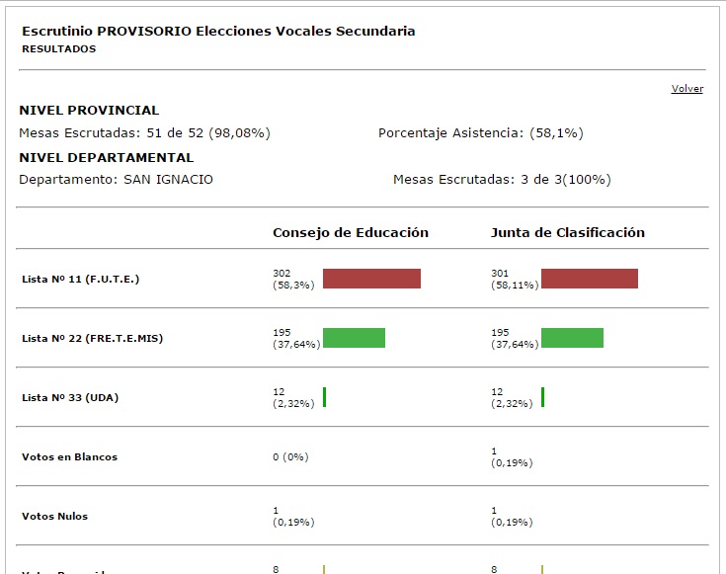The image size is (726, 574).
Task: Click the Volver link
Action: click(x=686, y=89)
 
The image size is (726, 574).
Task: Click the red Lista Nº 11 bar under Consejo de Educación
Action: click(x=371, y=279)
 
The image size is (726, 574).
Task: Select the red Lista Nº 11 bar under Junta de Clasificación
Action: click(x=590, y=279)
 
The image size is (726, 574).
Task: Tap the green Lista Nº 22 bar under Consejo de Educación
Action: click(x=354, y=338)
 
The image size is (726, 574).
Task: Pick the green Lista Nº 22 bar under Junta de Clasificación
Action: click(x=572, y=338)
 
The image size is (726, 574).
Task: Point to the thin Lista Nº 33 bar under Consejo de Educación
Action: click(x=324, y=397)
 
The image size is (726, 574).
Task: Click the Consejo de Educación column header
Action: click(x=351, y=233)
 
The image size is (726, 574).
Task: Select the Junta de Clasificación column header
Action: click(x=568, y=233)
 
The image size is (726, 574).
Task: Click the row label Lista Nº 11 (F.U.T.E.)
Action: click(x=81, y=280)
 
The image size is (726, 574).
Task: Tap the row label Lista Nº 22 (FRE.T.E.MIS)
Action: click(x=92, y=339)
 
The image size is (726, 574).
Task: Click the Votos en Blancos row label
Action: click(x=69, y=457)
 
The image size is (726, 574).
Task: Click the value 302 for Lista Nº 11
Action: click(x=282, y=273)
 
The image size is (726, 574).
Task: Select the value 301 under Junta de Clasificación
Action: click(x=501, y=273)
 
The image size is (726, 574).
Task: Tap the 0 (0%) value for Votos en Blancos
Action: click(x=290, y=457)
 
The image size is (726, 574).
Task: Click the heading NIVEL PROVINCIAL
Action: click(x=89, y=111)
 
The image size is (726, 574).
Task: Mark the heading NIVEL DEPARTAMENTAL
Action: click(x=106, y=157)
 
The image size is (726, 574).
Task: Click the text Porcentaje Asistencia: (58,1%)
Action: click(x=488, y=132)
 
